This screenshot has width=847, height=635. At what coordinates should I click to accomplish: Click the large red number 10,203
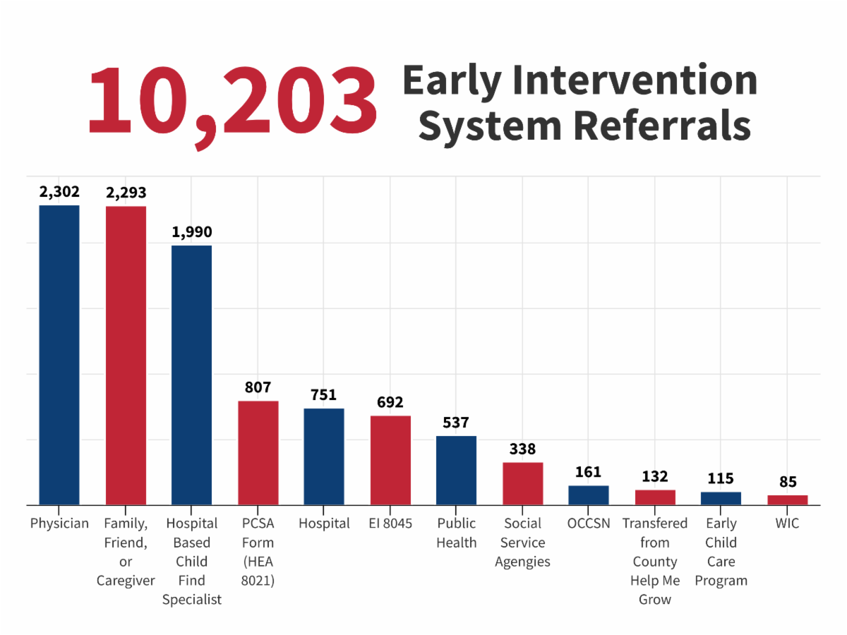click(x=232, y=100)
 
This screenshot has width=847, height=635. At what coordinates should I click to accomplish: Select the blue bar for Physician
click(x=59, y=355)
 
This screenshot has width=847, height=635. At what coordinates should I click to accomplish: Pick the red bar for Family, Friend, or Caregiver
click(x=126, y=356)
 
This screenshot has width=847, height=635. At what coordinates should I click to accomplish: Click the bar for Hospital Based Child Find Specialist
click(x=191, y=375)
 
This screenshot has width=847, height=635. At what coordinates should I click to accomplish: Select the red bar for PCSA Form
click(x=258, y=452)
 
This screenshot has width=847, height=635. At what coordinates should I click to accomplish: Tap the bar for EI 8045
click(x=390, y=460)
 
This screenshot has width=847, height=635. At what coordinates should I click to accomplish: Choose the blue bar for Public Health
click(x=456, y=470)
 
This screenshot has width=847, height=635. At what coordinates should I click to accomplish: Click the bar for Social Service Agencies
click(x=522, y=483)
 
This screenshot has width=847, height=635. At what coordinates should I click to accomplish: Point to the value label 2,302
click(x=59, y=191)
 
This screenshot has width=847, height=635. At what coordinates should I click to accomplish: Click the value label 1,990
click(x=191, y=231)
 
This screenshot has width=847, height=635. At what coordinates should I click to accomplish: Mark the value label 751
click(x=324, y=394)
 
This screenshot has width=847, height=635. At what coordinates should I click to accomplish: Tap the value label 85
click(x=788, y=482)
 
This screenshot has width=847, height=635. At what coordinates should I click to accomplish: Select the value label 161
click(x=588, y=472)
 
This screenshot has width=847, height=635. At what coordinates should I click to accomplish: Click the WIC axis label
click(x=787, y=524)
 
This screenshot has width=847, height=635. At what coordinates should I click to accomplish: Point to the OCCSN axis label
click(x=588, y=524)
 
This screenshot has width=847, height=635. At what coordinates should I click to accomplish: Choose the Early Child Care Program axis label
click(x=721, y=552)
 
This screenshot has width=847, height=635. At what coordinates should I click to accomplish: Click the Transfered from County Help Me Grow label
click(x=655, y=562)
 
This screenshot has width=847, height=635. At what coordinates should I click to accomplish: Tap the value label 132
click(x=655, y=476)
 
